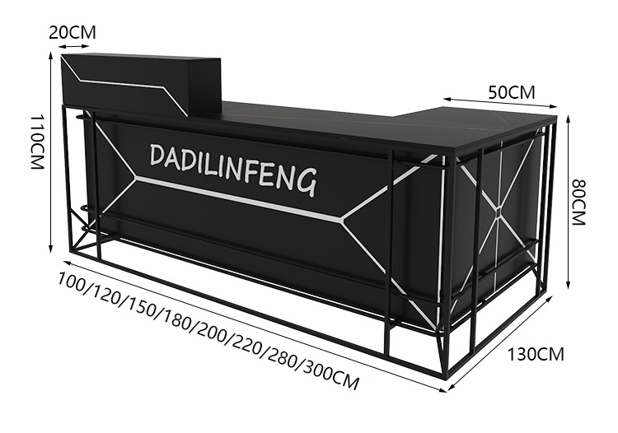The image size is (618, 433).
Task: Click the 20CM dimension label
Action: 73,33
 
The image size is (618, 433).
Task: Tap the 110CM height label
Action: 37,142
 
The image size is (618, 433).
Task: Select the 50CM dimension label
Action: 512,92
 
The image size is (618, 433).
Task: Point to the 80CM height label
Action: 579,203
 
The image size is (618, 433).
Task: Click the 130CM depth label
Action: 536,354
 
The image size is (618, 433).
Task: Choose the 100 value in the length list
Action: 72,282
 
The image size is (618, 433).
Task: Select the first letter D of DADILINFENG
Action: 157,155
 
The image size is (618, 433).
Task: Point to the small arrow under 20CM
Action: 74,46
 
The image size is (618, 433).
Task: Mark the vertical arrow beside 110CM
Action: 50,152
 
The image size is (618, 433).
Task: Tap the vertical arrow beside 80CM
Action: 568,203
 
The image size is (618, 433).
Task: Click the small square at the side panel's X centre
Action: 499,212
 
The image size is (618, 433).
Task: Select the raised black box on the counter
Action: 142,85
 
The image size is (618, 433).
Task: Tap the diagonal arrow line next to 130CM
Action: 499,344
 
